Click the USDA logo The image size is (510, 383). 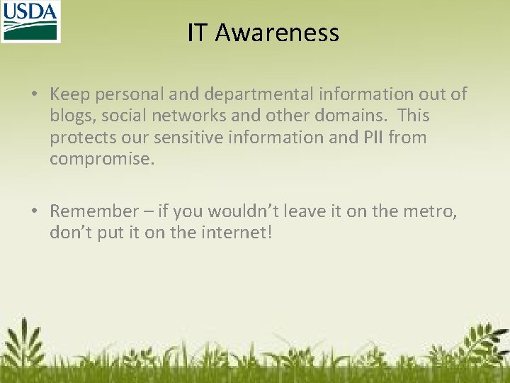pos(30,21)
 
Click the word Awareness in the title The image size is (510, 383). pos(277,33)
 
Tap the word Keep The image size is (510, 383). pos(69,94)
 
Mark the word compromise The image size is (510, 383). pos(101,160)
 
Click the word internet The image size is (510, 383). pos(234,233)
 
